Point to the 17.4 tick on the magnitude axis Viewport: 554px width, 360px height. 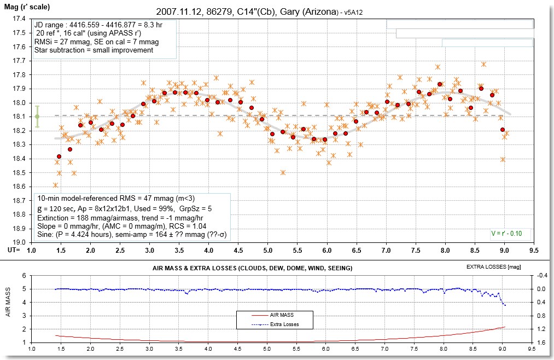point(18,19)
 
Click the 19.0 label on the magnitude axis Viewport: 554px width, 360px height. point(18,242)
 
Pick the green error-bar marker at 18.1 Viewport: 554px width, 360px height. point(37,116)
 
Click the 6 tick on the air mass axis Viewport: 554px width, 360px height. point(25,275)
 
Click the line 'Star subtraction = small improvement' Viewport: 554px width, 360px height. point(94,50)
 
